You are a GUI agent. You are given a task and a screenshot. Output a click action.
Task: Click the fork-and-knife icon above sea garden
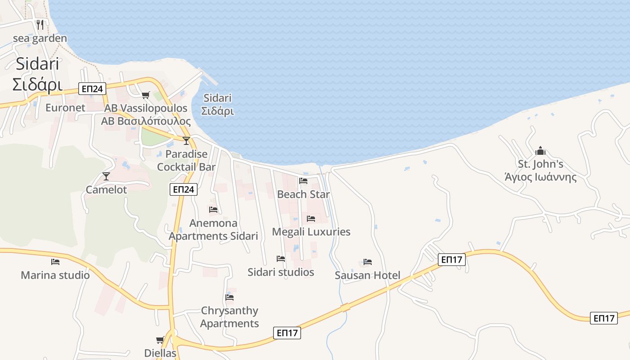click(x=40, y=24)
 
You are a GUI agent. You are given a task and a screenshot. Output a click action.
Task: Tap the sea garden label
click(x=40, y=38)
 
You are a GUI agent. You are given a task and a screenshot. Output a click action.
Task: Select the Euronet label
click(x=65, y=108)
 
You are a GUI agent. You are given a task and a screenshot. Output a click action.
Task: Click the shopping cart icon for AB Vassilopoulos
click(x=145, y=95)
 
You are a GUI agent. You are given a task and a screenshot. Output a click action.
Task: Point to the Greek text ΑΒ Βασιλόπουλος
click(x=146, y=121)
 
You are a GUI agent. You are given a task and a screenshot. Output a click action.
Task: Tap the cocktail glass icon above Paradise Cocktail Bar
click(x=186, y=140)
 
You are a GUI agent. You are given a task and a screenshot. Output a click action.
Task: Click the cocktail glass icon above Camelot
click(x=106, y=176)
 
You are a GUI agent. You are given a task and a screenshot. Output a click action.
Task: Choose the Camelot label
click(x=106, y=190)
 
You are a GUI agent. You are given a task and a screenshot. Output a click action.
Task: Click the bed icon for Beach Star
click(x=303, y=181)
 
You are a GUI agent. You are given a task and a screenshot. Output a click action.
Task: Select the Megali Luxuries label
click(x=311, y=232)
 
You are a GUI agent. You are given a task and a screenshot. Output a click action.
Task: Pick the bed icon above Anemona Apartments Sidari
click(x=213, y=210)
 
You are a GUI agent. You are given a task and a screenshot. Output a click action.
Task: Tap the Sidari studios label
click(x=281, y=272)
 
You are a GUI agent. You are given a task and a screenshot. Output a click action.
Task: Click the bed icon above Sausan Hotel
click(x=368, y=262)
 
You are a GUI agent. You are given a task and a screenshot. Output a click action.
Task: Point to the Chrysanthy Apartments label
click(x=229, y=317)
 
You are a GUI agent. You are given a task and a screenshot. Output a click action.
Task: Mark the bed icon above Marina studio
click(x=55, y=261)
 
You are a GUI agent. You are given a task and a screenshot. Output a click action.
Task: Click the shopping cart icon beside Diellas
click(x=160, y=340)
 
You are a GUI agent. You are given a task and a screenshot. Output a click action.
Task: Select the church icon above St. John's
click(x=540, y=151)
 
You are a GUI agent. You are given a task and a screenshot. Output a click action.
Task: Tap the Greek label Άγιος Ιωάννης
click(x=540, y=177)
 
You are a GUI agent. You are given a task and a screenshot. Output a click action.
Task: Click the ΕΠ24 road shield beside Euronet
click(x=92, y=89)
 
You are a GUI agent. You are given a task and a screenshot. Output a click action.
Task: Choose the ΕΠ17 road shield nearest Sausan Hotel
click(x=451, y=259)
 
